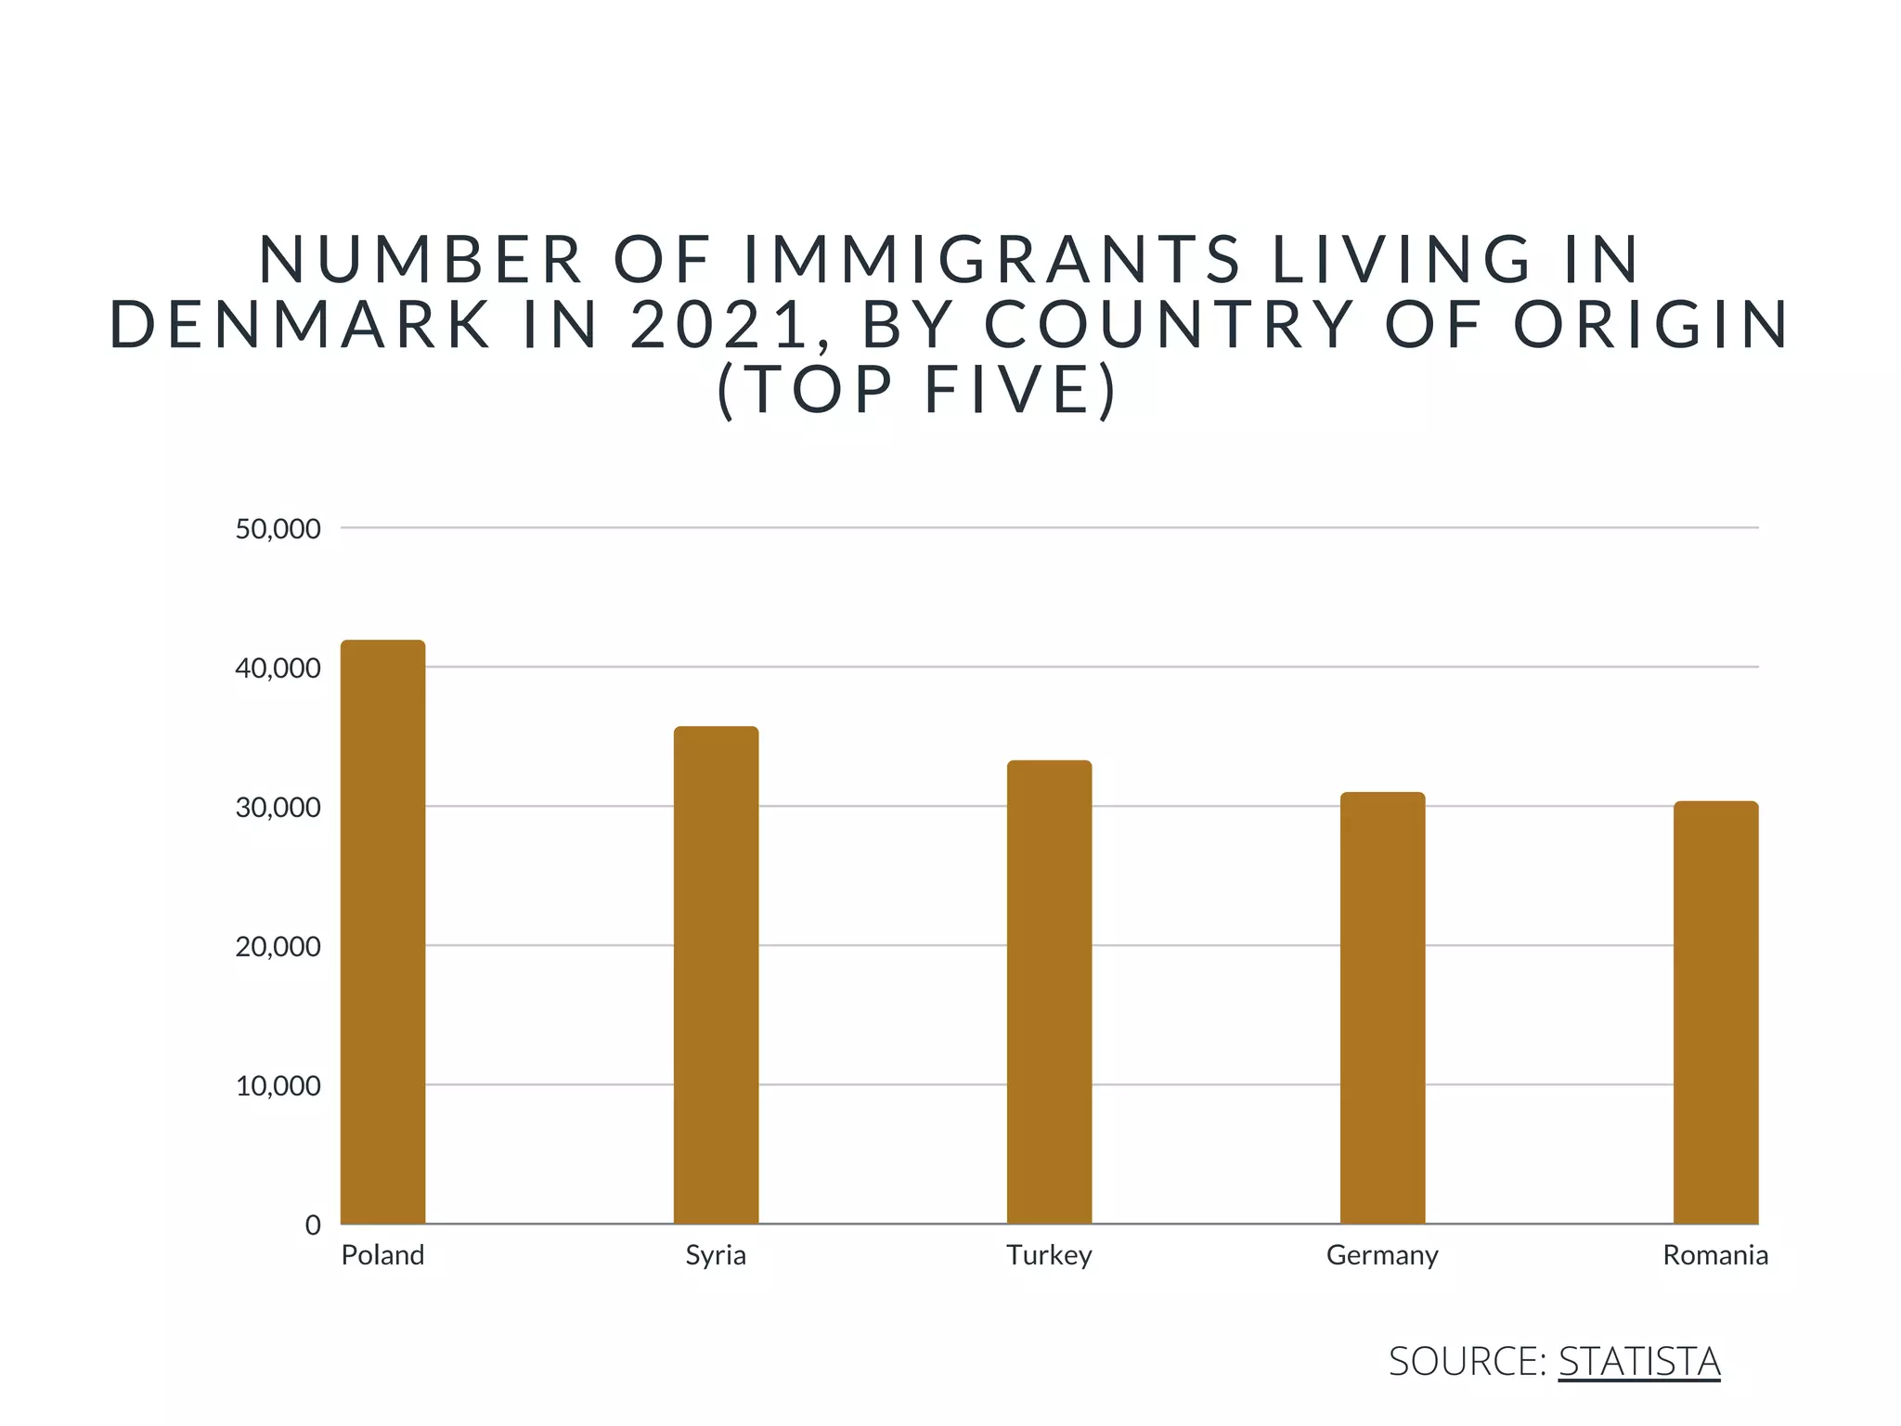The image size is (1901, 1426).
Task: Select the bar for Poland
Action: tap(382, 931)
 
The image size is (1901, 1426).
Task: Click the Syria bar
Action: tap(716, 975)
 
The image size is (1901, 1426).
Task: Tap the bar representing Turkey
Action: tap(1049, 992)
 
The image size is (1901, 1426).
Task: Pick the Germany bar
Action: tap(1382, 1007)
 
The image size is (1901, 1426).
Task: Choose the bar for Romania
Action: tap(1715, 1012)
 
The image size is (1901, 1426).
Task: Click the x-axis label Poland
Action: tap(382, 1255)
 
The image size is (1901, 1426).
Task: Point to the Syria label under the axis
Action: tap(716, 1255)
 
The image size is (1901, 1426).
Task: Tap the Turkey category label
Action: tap(1049, 1255)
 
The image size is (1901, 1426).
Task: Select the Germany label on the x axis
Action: tap(1382, 1255)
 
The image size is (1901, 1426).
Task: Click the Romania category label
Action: tap(1715, 1255)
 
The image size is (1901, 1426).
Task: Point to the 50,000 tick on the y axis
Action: tap(278, 529)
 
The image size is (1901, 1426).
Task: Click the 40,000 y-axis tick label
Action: tap(278, 668)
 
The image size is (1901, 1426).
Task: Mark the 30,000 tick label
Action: tap(278, 808)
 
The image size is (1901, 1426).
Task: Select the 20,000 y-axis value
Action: tap(278, 947)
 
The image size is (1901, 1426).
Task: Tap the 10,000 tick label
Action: tap(278, 1086)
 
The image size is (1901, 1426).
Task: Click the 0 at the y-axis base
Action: tap(313, 1225)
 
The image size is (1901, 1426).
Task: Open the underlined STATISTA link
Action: tap(1638, 1361)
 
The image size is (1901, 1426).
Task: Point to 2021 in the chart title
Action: tap(717, 324)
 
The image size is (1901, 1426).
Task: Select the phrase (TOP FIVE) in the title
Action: tap(917, 389)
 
